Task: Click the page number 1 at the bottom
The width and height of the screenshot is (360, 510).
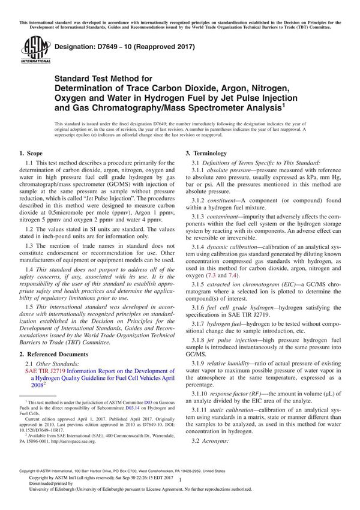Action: (179, 488)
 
